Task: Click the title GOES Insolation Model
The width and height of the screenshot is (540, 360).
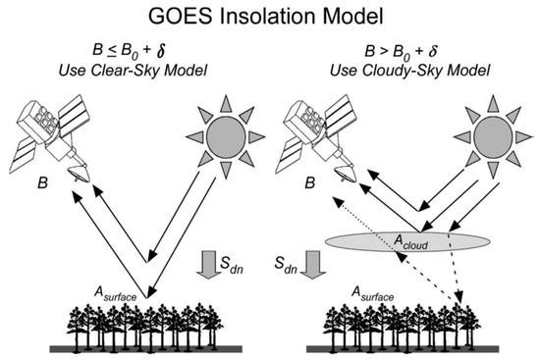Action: (269, 17)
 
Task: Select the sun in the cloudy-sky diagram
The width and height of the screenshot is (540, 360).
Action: (478, 133)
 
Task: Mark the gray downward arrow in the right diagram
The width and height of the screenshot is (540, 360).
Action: (314, 260)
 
